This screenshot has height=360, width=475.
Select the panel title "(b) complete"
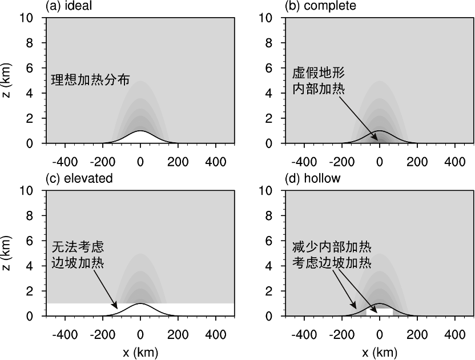pyautogui.click(x=320, y=6)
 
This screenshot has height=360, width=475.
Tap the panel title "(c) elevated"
pyautogui.click(x=79, y=178)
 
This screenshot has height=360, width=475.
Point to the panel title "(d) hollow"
pyautogui.click(x=312, y=178)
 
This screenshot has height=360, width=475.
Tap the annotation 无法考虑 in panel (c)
pyautogui.click(x=78, y=247)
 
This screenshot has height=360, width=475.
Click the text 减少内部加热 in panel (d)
pyautogui.click(x=331, y=247)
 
